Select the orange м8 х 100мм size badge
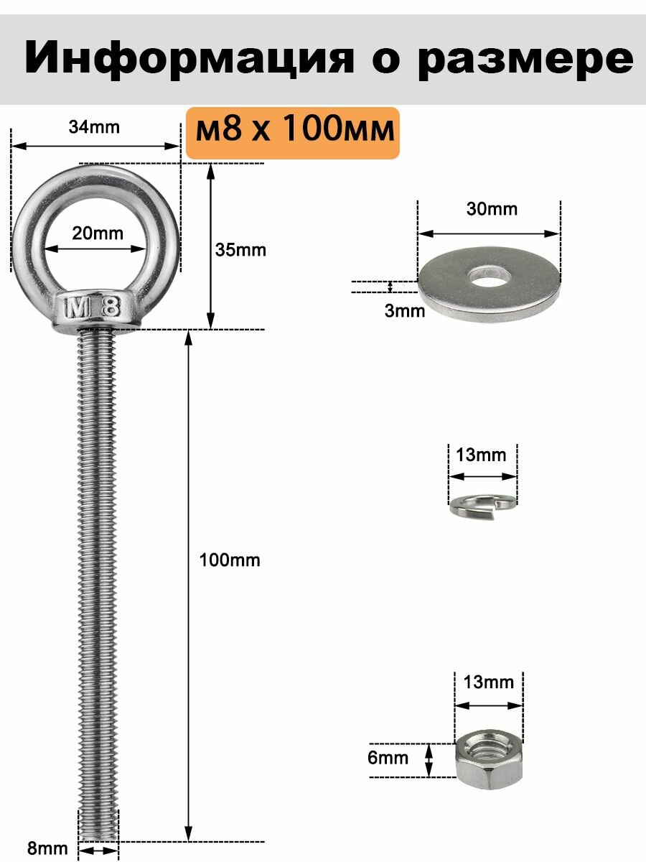(293, 133)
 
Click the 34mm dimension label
(94, 127)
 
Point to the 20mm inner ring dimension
(98, 233)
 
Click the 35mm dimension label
(240, 250)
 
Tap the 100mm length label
(230, 560)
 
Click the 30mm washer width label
(492, 209)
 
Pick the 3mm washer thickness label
(405, 311)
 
